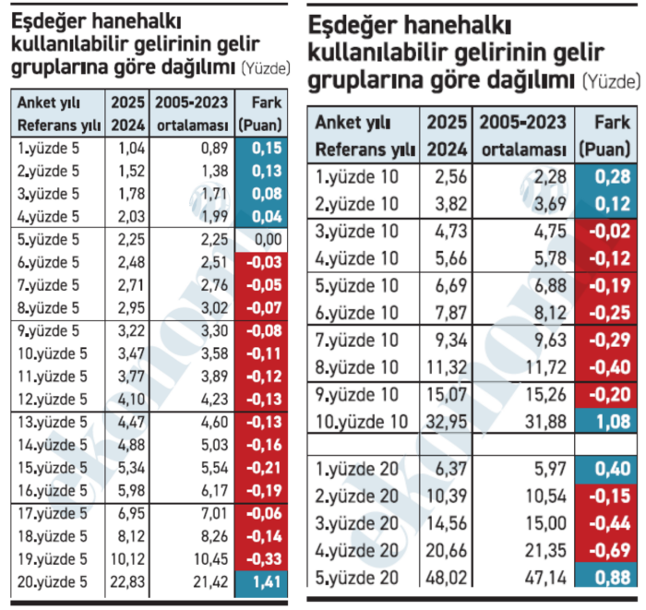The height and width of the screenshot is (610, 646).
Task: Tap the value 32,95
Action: [444, 423]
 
